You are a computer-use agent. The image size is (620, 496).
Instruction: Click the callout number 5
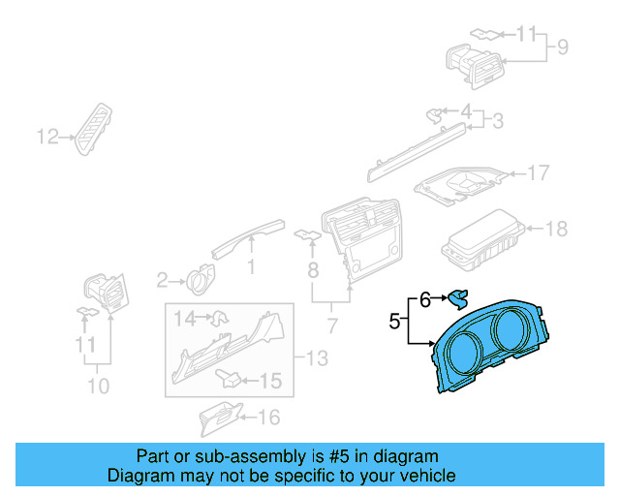394,319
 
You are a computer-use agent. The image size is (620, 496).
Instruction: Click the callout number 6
424,300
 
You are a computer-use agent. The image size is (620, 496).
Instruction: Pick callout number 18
557,230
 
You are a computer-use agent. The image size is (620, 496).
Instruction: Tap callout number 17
538,173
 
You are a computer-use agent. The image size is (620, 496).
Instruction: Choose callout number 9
561,46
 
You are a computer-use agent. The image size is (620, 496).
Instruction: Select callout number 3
498,121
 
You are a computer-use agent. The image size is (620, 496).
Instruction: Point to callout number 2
163,281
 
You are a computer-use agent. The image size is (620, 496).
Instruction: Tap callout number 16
268,418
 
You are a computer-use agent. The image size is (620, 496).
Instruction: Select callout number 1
251,265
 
